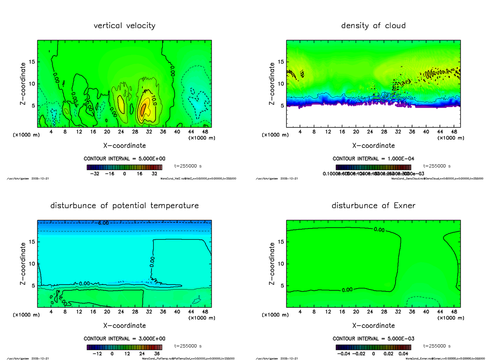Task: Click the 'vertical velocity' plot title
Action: point(124,26)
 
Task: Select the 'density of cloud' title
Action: point(373,26)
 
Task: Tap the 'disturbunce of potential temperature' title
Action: point(124,206)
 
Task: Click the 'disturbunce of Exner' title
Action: point(373,206)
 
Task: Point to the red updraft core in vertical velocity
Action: point(142,109)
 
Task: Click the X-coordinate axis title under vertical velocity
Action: point(124,146)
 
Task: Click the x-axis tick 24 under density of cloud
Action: point(370,132)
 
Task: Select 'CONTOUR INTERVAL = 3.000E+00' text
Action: point(124,338)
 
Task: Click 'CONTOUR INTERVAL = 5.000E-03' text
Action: point(373,338)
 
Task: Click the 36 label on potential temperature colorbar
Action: point(157,354)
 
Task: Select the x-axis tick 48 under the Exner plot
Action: point(454,312)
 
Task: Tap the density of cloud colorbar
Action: point(373,167)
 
